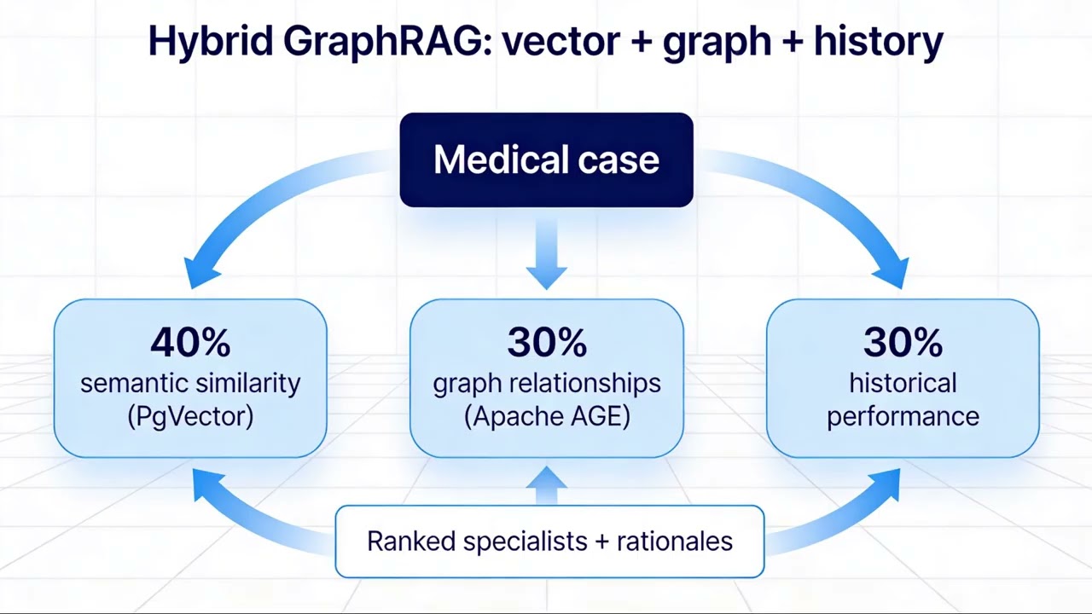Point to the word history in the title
878,42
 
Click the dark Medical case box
546,159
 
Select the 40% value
190,342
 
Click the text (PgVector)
190,417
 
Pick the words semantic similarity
190,383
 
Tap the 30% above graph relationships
546,342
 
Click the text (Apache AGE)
546,417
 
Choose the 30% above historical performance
903,342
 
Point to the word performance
903,417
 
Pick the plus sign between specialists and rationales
602,542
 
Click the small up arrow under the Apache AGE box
546,484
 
